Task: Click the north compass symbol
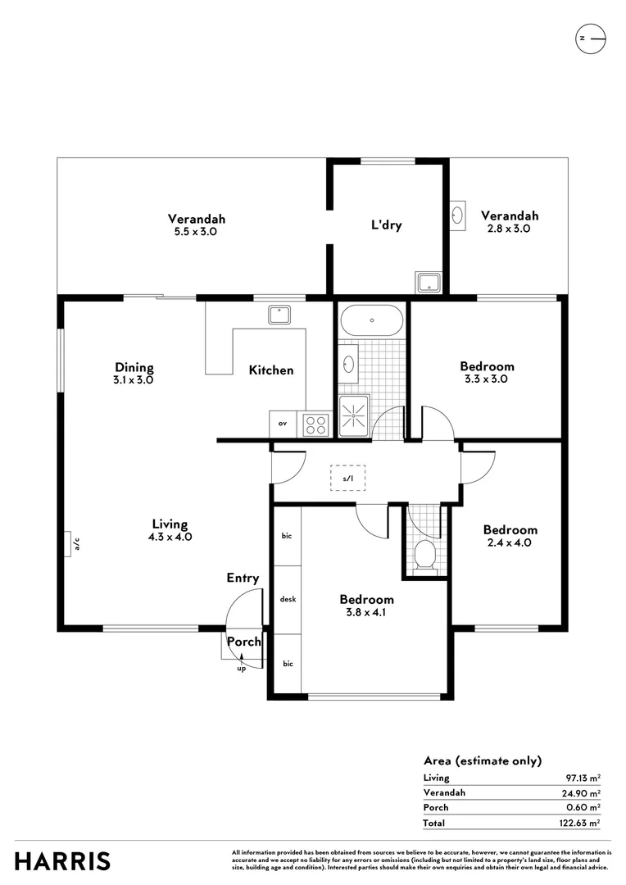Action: (x=590, y=39)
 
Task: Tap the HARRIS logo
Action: (x=62, y=861)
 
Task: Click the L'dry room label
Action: (x=386, y=225)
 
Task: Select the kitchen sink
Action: (x=279, y=314)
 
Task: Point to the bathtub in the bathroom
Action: (x=371, y=320)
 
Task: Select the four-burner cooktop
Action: (x=316, y=424)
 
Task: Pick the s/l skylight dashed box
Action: (x=348, y=478)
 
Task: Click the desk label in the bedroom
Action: (x=288, y=599)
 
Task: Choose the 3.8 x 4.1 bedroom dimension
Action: (x=366, y=612)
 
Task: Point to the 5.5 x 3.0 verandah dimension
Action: (x=197, y=232)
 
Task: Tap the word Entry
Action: (x=243, y=578)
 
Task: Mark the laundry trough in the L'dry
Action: (x=428, y=283)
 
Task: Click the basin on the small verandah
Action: (x=457, y=216)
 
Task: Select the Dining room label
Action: (x=134, y=368)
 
